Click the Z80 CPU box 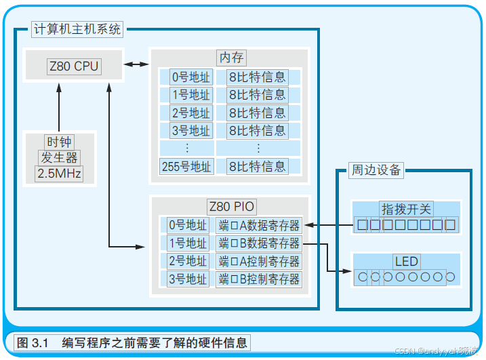tap(73, 66)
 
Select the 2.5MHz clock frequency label tap(58, 174)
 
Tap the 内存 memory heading tap(230, 58)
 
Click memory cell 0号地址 tap(190, 77)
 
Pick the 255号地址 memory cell tap(186, 166)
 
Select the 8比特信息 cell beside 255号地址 tap(258, 166)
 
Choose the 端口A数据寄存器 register tap(259, 225)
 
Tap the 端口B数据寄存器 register tap(259, 243)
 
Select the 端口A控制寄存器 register tap(259, 261)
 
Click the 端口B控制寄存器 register tap(259, 279)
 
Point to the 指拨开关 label tap(406, 209)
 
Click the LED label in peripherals tap(407, 261)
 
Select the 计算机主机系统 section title tap(77, 29)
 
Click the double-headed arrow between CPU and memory tap(136, 65)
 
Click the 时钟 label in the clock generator tap(59, 142)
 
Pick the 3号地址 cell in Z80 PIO tap(187, 279)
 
